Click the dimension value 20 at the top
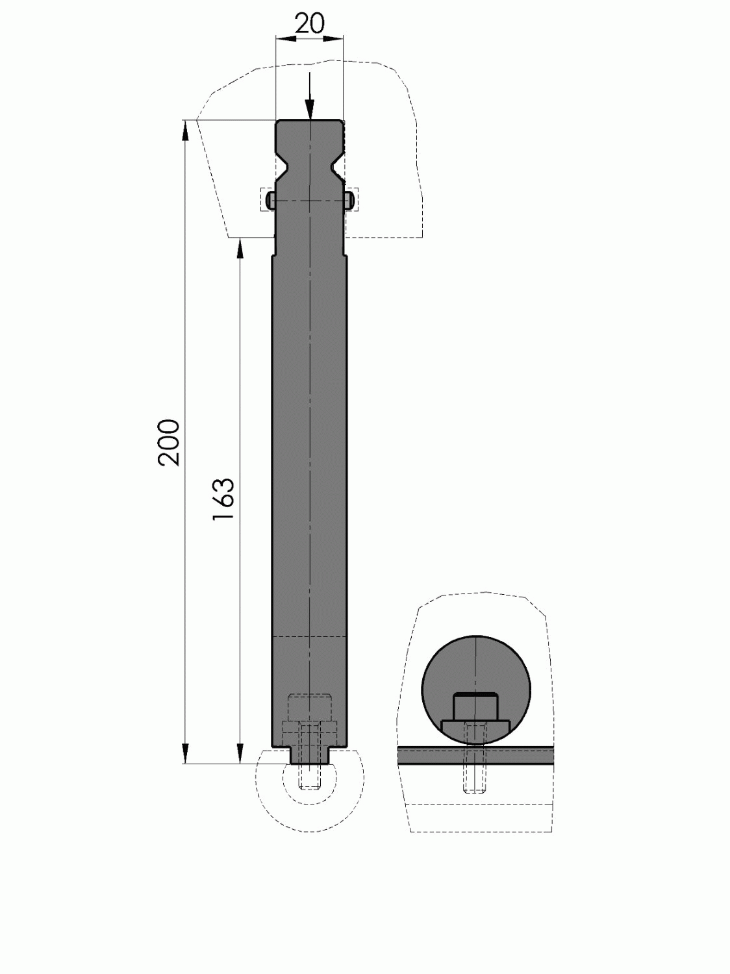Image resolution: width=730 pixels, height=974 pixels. click(x=309, y=24)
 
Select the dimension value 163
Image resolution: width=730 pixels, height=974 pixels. click(x=223, y=500)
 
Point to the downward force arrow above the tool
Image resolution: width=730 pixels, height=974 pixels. click(x=310, y=97)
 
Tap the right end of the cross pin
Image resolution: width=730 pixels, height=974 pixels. click(x=350, y=199)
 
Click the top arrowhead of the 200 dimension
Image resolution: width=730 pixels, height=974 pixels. click(x=186, y=129)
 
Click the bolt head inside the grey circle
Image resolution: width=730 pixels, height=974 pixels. click(x=475, y=706)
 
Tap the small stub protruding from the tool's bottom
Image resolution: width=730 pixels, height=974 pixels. click(x=310, y=756)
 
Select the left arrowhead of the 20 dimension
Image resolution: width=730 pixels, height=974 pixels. click(x=283, y=39)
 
